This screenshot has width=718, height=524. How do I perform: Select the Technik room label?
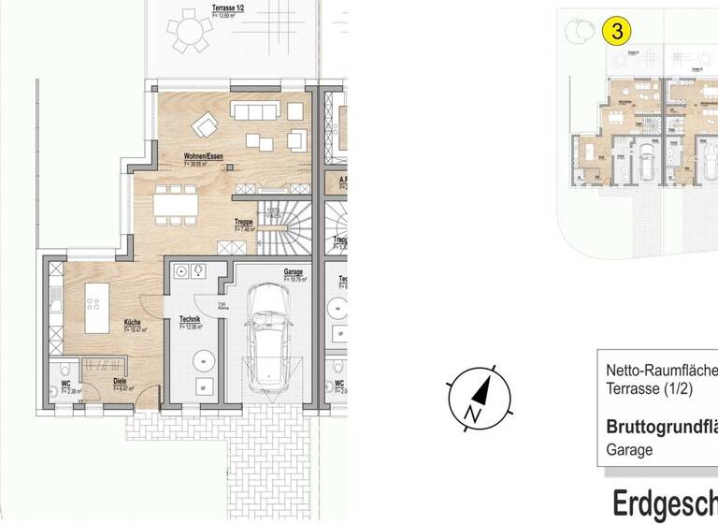(190, 319)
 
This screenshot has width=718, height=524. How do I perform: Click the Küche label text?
(133, 323)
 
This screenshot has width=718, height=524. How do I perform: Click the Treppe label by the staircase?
(244, 222)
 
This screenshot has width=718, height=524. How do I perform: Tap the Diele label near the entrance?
(121, 382)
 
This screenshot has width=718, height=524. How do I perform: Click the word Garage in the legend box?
(630, 450)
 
